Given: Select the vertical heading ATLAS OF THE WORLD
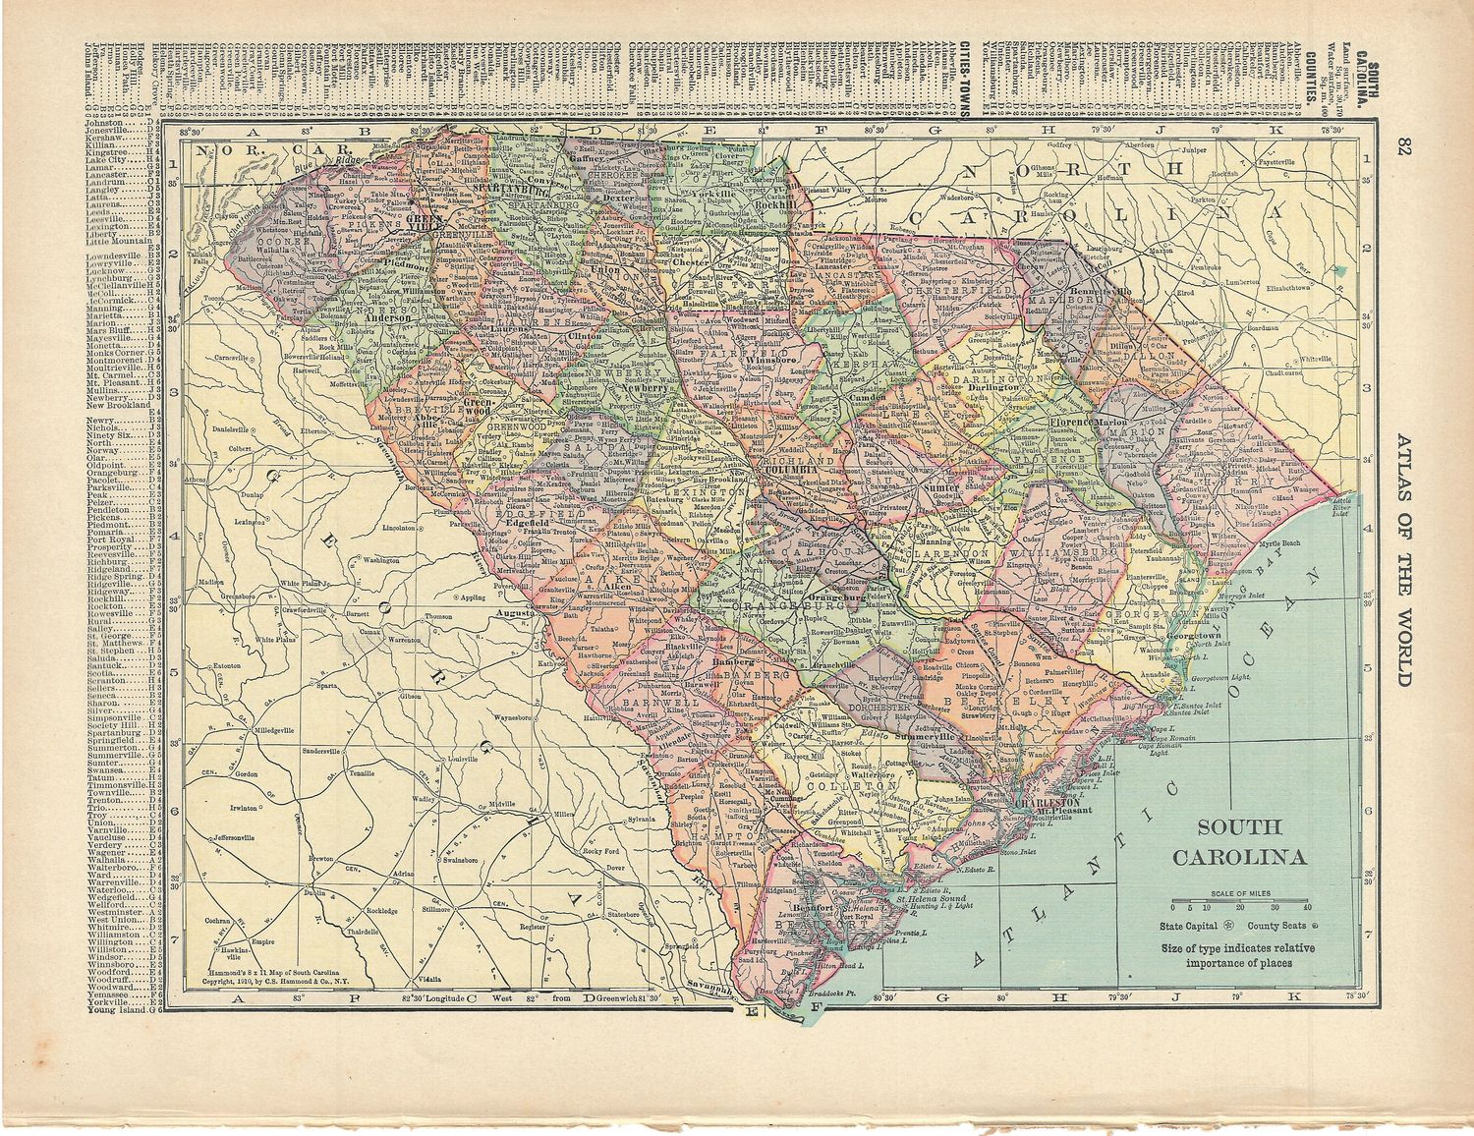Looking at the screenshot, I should (1404, 560).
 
